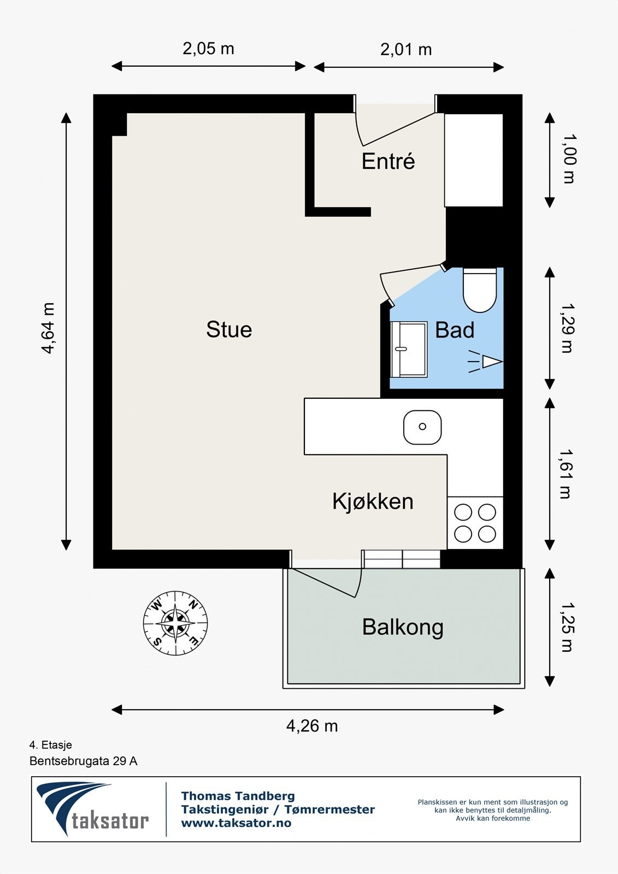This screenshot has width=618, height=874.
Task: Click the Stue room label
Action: [229, 329]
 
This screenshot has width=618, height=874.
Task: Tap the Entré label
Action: [388, 161]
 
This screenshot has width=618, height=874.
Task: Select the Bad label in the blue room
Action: [455, 330]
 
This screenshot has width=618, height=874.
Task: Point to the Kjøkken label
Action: [373, 501]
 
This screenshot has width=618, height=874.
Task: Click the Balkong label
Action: [403, 628]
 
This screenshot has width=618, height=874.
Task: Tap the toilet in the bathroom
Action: [479, 290]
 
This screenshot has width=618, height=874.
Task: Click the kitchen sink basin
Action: [422, 427]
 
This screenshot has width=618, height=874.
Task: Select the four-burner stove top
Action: [475, 523]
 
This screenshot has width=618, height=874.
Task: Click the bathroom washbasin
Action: [409, 349]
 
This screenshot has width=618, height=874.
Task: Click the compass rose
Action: [175, 623]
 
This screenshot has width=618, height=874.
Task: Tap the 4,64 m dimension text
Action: [48, 328]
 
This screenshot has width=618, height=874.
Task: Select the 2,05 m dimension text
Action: [208, 49]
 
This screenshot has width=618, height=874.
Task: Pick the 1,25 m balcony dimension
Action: [567, 627]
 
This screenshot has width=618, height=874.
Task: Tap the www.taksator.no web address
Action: [236, 823]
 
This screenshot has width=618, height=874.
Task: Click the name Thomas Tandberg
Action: [238, 796]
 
